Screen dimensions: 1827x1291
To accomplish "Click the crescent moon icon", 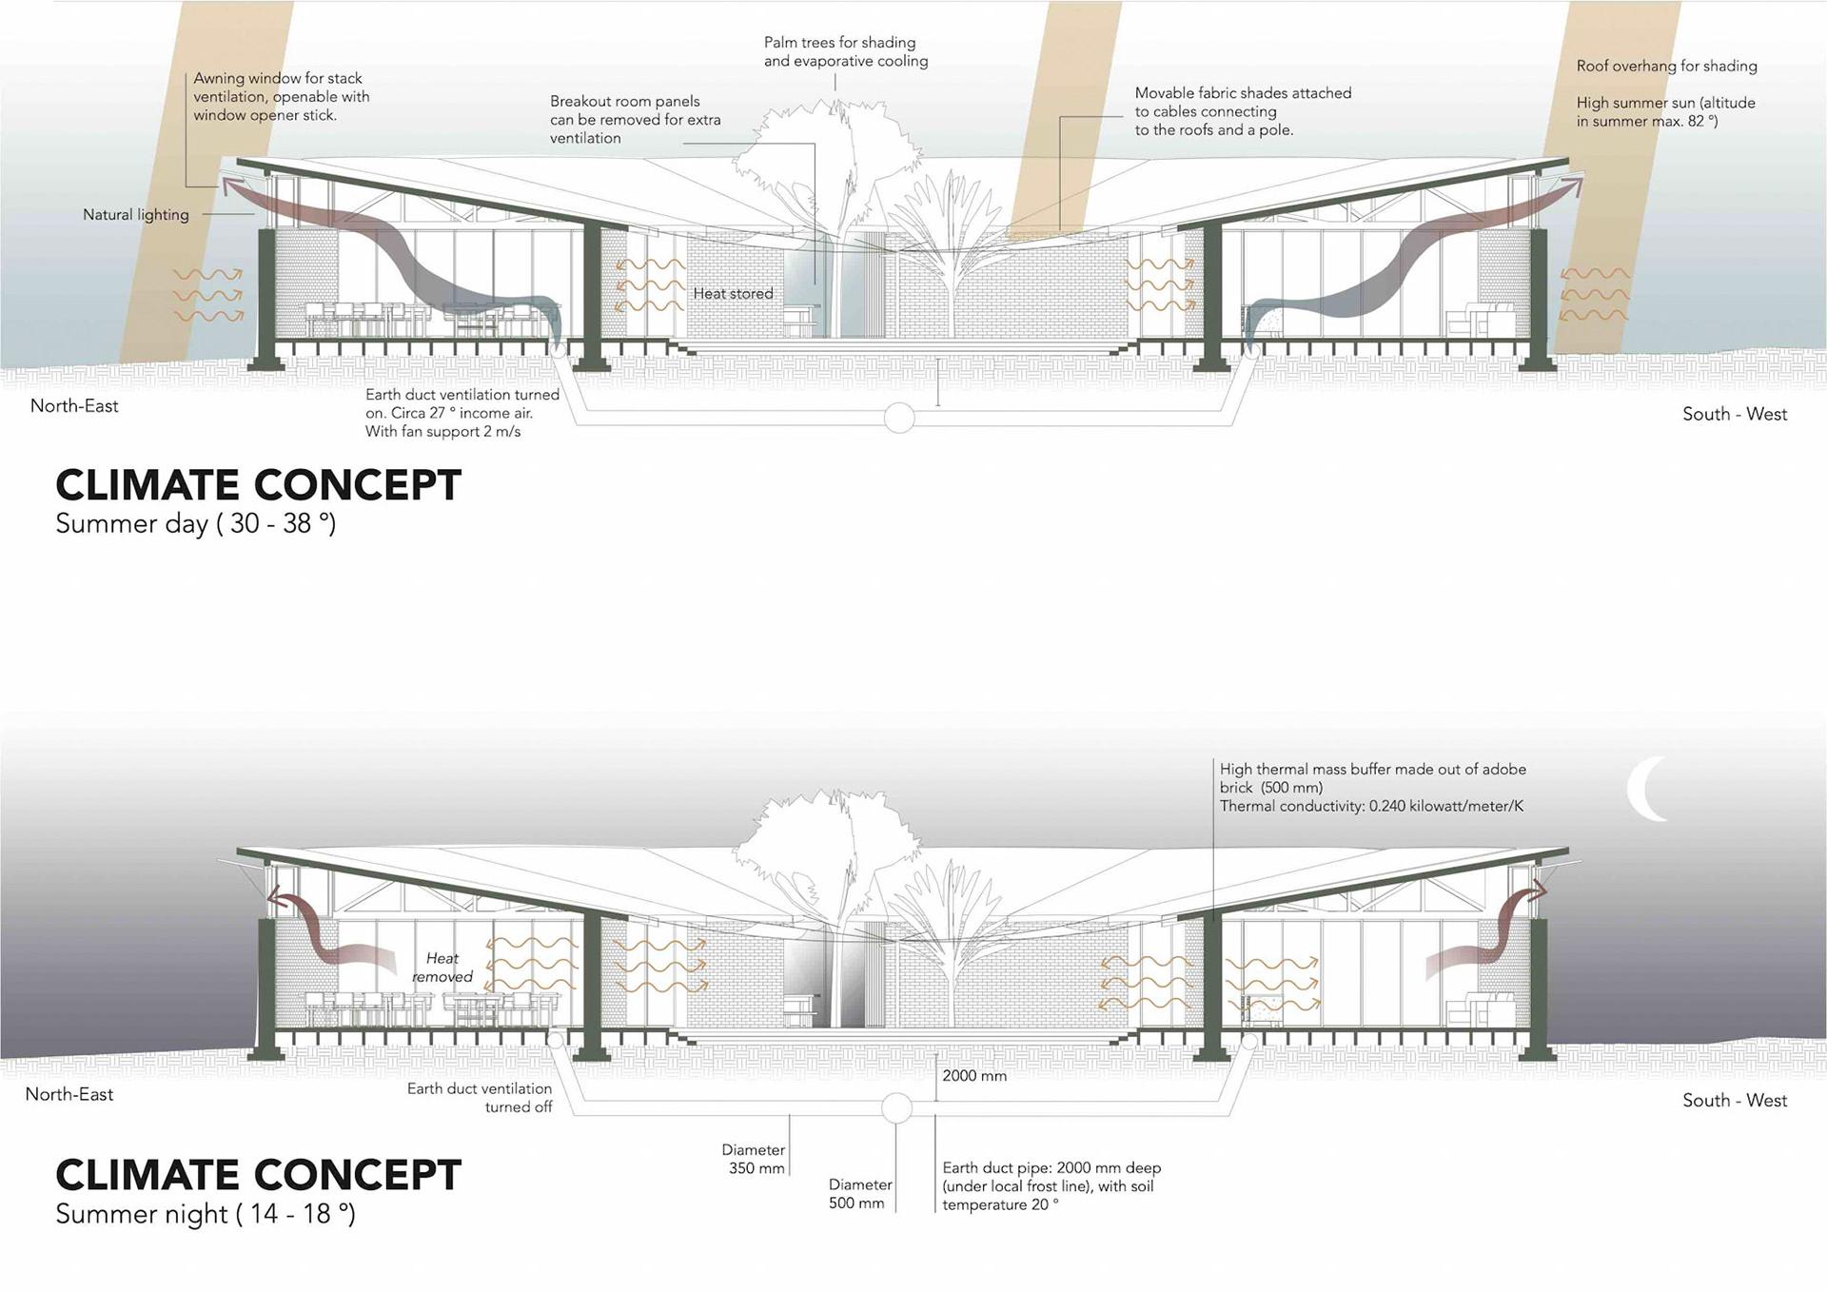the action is click(1643, 789).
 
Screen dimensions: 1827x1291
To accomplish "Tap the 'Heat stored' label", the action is click(733, 293).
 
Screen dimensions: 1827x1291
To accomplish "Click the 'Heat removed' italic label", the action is click(442, 968).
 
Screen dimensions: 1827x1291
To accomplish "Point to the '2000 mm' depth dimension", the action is click(974, 1076).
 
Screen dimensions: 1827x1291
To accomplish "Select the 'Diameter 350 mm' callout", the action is click(754, 1159).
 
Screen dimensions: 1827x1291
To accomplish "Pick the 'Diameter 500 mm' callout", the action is click(859, 1194).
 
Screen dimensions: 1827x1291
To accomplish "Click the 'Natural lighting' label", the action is click(136, 215).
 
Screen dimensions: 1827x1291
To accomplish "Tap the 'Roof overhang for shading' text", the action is click(1666, 67).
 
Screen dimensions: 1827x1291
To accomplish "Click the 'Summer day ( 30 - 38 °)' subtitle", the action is click(196, 523).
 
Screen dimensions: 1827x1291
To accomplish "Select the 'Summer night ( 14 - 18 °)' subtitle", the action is click(206, 1214).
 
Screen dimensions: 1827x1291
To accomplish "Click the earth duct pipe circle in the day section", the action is click(899, 417).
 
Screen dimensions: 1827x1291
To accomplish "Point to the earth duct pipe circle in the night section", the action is click(896, 1108).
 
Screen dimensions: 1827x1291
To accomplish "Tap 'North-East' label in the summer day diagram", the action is click(74, 406).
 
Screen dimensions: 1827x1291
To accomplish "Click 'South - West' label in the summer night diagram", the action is click(1735, 1101).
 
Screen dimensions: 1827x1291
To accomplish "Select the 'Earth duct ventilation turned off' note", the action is click(480, 1098).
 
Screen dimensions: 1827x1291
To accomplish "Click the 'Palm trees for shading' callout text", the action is click(846, 52).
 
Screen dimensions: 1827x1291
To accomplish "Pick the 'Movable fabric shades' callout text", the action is click(1243, 111).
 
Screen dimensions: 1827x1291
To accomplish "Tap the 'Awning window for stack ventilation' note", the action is click(281, 97).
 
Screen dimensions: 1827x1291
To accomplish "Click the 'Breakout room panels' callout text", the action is click(635, 120).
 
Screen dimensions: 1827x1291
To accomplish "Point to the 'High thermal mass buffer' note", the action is click(1372, 788).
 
